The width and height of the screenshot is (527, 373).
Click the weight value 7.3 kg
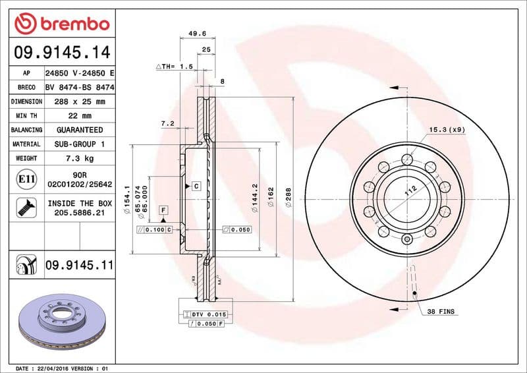click(x=80, y=158)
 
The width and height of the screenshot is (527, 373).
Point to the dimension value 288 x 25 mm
click(x=80, y=101)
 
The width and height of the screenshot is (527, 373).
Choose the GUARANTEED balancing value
click(x=80, y=130)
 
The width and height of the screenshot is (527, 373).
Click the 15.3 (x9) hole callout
click(x=447, y=130)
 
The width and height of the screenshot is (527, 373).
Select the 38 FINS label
click(x=441, y=310)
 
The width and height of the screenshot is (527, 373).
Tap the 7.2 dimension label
click(x=167, y=123)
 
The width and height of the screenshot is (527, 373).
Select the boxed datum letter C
click(x=196, y=186)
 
